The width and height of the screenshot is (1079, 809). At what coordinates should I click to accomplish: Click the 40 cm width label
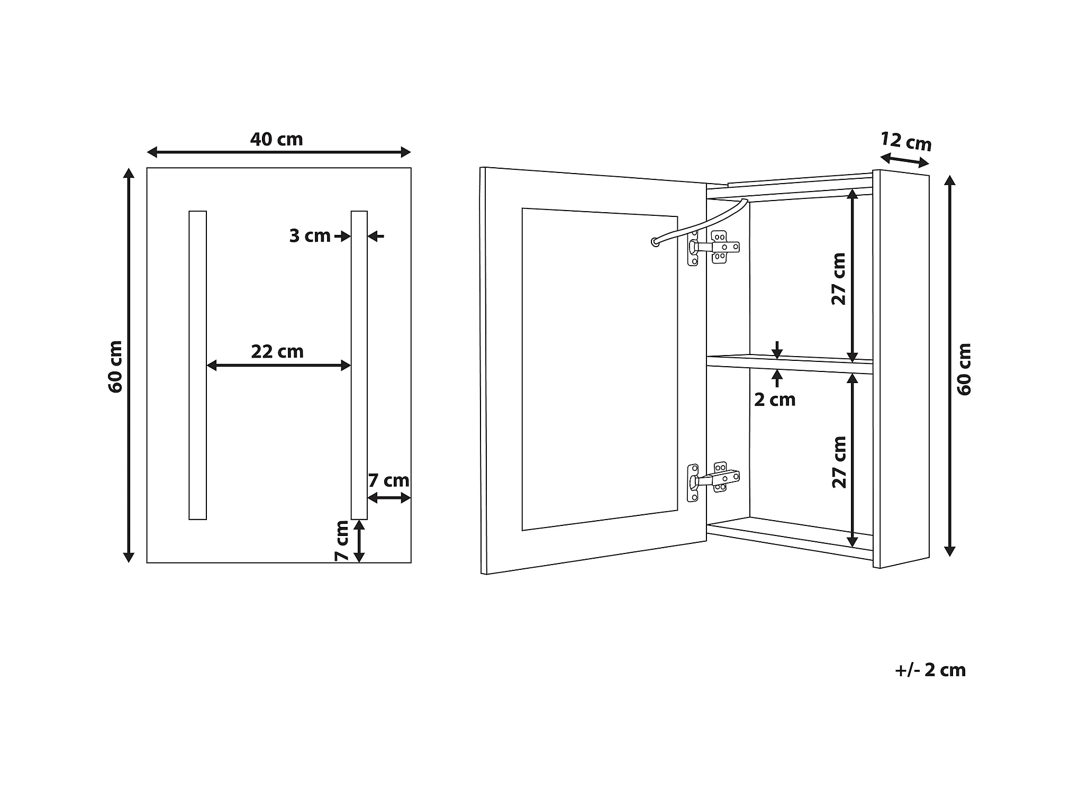276,139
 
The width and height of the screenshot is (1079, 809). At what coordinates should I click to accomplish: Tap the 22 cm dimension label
277,352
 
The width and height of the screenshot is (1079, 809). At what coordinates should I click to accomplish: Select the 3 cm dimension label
310,236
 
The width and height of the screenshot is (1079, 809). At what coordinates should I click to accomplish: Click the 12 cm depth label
905,141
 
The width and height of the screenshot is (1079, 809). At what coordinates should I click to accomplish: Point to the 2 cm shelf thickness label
775,400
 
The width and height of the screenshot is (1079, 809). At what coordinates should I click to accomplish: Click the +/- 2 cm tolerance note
930,670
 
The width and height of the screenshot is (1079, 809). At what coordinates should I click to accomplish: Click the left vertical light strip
197,365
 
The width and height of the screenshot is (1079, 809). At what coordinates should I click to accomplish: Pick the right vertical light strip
359,365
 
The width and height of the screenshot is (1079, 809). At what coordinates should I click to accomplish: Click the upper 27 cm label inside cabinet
839,279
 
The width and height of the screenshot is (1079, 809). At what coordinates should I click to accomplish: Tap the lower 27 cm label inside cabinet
839,462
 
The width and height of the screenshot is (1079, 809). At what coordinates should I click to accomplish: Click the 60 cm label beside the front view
115,367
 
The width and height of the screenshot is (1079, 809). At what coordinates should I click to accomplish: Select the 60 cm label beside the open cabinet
964,369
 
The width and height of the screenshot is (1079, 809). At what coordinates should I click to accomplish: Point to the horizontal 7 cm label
388,480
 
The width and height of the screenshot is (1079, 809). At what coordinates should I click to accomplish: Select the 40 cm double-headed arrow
278,152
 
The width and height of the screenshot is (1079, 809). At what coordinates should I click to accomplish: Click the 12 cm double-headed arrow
904,160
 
